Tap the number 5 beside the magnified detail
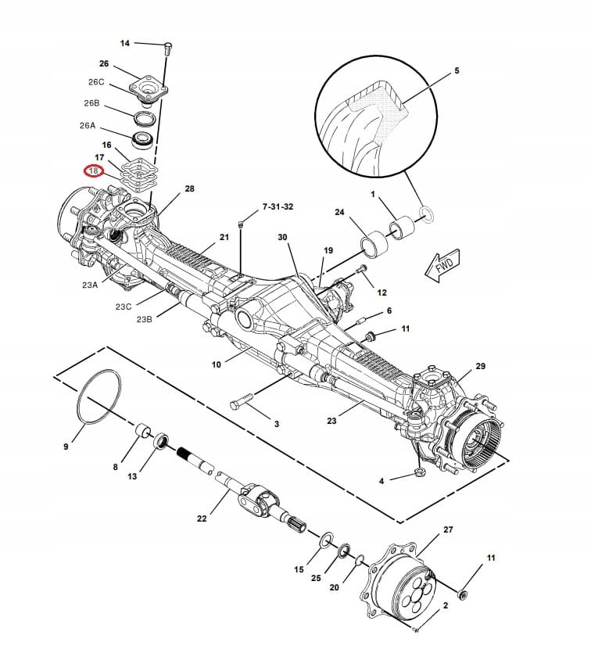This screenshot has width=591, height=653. click(x=457, y=71)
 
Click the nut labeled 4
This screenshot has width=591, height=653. click(x=419, y=472)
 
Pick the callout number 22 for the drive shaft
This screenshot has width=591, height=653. click(x=202, y=518)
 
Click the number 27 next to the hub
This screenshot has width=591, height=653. click(x=448, y=530)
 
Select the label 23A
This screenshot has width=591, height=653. click(x=89, y=285)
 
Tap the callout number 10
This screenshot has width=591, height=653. click(x=217, y=364)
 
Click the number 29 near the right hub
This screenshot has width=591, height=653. click(x=481, y=366)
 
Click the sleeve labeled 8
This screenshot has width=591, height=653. click(x=143, y=432)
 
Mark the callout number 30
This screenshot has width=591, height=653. click(x=282, y=237)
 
